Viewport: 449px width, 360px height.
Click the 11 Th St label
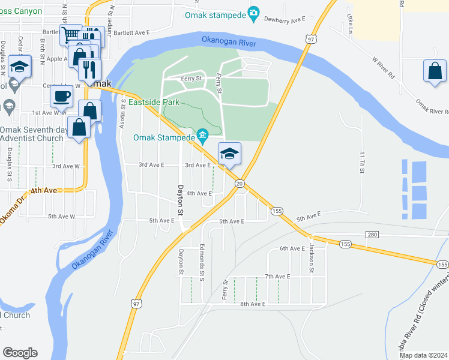[362, 163]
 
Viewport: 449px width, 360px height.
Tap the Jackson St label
[312, 259]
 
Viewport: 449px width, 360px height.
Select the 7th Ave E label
[277, 276]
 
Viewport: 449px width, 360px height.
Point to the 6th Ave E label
[292, 248]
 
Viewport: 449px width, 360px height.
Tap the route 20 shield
[239, 183]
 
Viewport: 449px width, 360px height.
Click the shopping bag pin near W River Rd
[435, 71]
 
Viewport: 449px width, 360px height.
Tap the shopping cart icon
[71, 35]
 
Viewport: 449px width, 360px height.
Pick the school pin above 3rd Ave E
[229, 153]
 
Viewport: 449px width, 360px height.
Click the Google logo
[20, 353]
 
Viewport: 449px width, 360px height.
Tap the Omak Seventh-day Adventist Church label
[31, 134]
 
